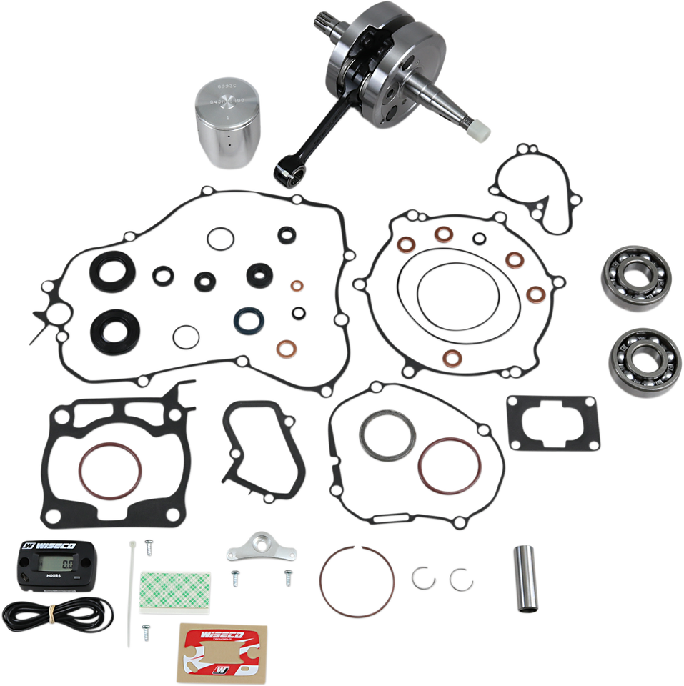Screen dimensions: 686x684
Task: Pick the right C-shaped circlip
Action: pyautogui.click(x=457, y=578)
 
